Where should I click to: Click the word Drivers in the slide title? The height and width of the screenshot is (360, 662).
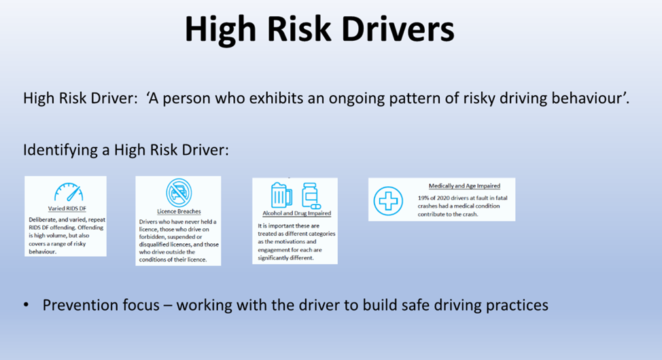pyautogui.click(x=398, y=29)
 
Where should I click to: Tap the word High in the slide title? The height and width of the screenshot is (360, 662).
pyautogui.click(x=220, y=29)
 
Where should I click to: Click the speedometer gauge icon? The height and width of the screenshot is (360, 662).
pyautogui.click(x=69, y=192)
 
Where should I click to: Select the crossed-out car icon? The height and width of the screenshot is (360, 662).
pyautogui.click(x=179, y=192)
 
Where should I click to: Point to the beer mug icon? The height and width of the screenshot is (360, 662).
pyautogui.click(x=281, y=196)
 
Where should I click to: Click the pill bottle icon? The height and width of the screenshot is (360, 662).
pyautogui.click(x=311, y=196)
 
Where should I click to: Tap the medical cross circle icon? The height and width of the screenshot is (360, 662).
pyautogui.click(x=388, y=201)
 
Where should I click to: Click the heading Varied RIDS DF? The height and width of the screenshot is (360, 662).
pyautogui.click(x=67, y=209)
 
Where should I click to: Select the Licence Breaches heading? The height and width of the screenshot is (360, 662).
pyautogui.click(x=179, y=211)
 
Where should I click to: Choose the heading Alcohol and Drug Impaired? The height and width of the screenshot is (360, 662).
pyautogui.click(x=297, y=213)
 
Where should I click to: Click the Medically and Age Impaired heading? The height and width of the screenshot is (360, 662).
pyautogui.click(x=464, y=185)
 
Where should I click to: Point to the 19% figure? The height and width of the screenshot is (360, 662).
pyautogui.click(x=423, y=198)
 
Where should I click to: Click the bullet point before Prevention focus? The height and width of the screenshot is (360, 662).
pyautogui.click(x=27, y=305)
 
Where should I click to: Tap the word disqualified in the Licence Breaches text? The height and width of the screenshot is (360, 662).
pyautogui.click(x=154, y=245)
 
